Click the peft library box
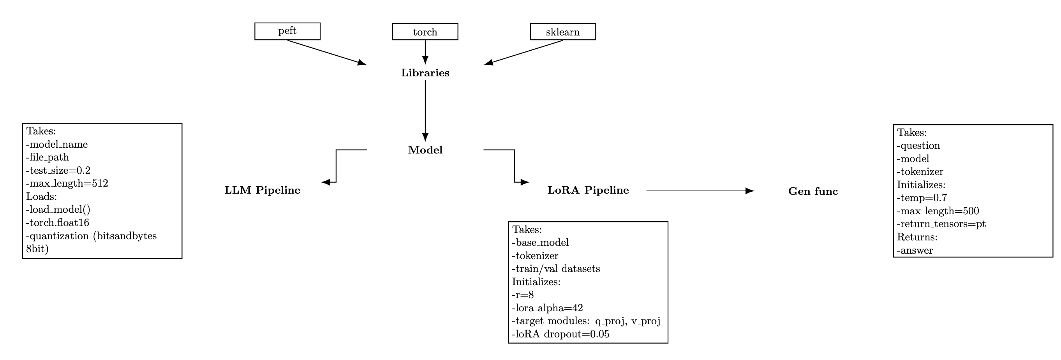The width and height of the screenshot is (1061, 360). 287,31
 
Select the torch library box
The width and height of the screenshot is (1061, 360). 425,32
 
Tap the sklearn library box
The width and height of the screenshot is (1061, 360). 562,32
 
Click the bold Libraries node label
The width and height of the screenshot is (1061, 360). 425,73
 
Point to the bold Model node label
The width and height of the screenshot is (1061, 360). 425,150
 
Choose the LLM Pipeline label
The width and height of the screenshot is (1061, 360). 262,190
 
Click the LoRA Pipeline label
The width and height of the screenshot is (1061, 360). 588,190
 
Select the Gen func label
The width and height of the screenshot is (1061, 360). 812,191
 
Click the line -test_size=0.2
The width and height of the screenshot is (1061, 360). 58,170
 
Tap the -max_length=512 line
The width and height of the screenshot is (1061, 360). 67,183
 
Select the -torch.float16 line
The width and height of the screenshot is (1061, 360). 58,222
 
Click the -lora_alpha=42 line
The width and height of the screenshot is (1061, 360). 547,308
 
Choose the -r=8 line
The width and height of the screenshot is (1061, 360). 523,295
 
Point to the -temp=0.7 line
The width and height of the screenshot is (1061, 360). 922,198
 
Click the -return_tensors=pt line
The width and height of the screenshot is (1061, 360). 941,224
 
